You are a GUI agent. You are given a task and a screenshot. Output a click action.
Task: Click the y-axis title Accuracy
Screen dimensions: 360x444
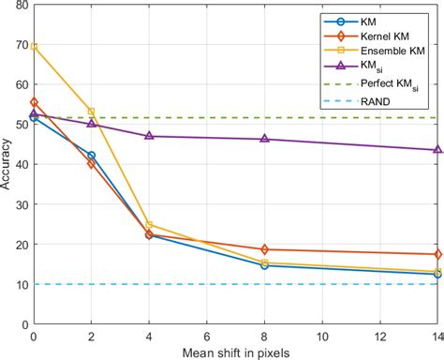[x=8, y=164]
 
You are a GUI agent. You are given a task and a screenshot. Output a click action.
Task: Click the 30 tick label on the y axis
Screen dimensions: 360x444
[x=21, y=204]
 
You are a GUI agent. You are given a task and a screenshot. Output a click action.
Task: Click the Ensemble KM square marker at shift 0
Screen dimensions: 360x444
[x=35, y=46]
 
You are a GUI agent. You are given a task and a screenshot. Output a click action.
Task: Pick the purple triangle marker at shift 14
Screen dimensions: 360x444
[x=437, y=149]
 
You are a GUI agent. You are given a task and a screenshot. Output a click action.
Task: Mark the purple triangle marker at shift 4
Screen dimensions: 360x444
[x=150, y=136]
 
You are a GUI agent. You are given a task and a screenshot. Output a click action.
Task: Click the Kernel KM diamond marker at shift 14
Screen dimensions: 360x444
[x=437, y=254]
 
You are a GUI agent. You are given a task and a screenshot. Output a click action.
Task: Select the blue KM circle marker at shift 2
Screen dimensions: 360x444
[x=92, y=156]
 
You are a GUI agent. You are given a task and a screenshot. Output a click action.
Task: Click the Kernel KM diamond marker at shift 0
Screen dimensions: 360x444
[x=35, y=102]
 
